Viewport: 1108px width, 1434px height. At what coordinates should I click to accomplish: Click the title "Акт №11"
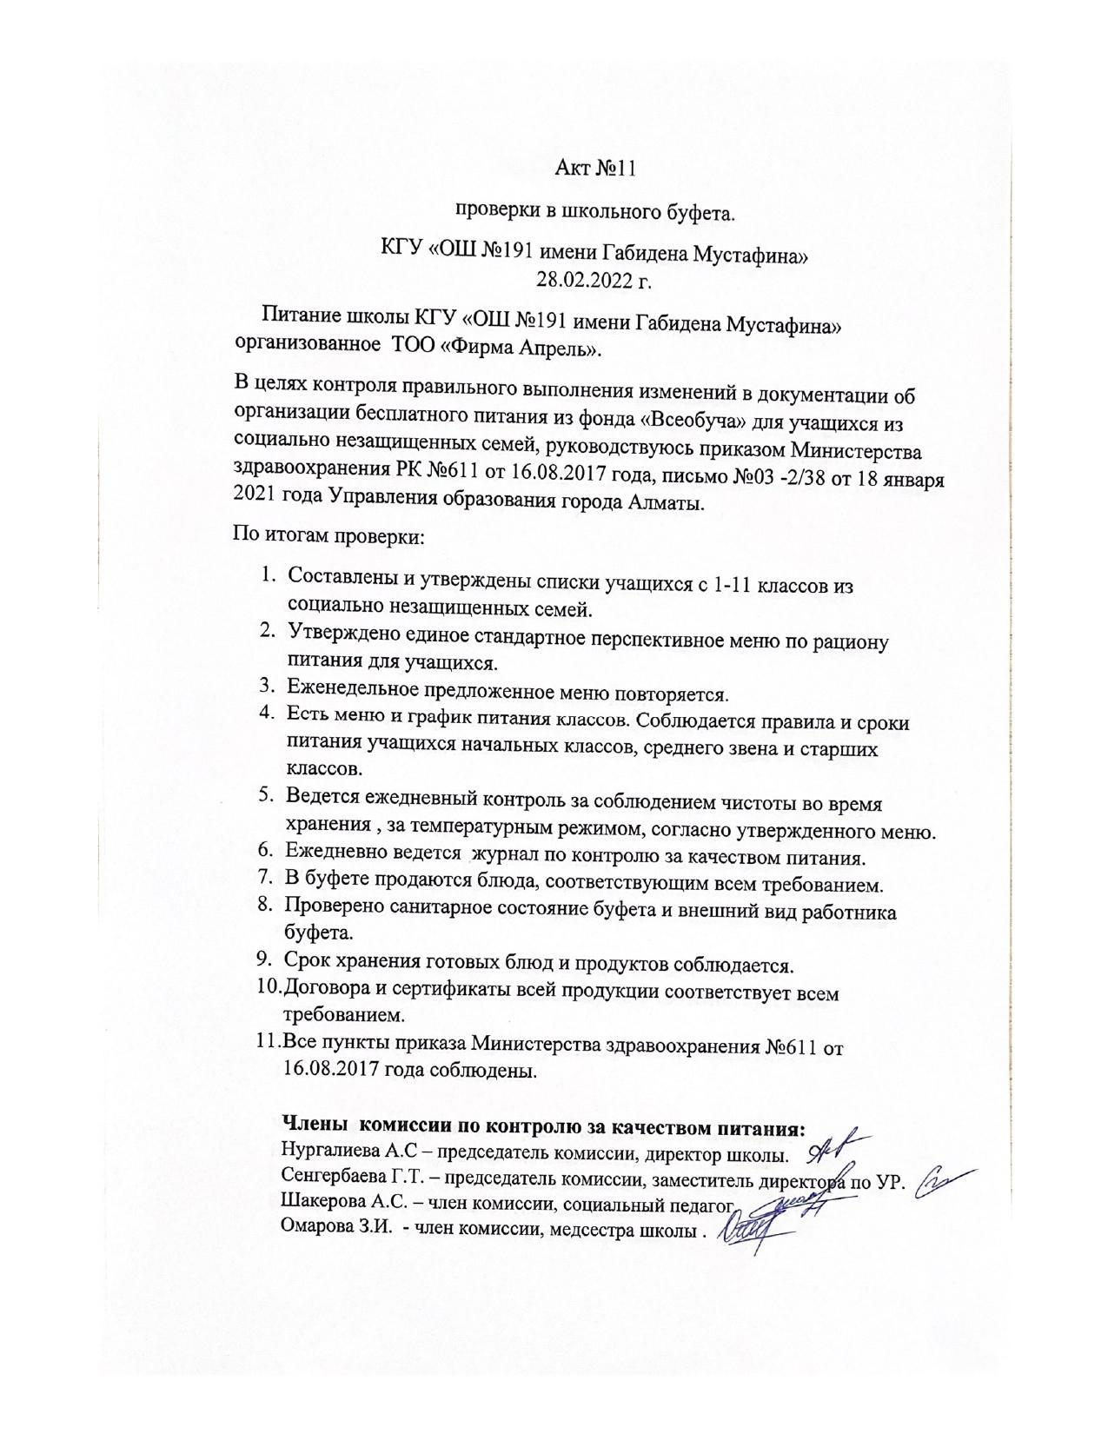595,168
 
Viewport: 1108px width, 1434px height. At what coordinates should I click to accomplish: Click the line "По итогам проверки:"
328,535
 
